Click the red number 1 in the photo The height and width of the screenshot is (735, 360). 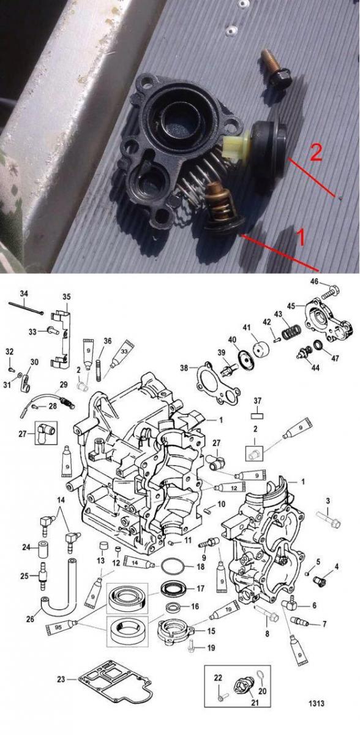pos(302,237)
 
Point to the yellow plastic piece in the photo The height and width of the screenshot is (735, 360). pos(236,146)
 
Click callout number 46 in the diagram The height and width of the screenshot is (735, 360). pos(315,282)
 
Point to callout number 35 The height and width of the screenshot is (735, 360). pos(67,297)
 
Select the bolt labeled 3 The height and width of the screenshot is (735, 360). pos(328,519)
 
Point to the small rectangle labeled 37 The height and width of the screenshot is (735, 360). pos(258,416)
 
